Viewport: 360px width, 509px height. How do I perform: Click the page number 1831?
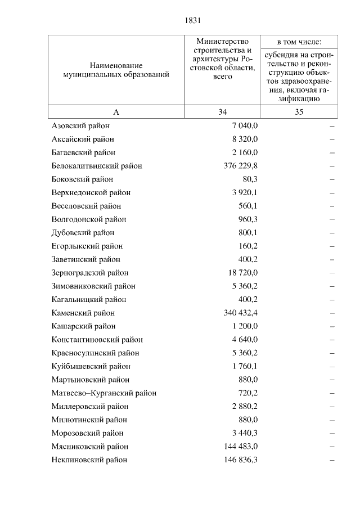[192, 21]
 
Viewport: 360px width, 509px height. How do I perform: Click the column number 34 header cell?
[222, 112]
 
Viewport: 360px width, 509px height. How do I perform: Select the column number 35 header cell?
[299, 112]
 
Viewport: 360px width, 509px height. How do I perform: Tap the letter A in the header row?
[116, 112]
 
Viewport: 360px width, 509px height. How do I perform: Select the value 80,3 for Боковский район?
[248, 179]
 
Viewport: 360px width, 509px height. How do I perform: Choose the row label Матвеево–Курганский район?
[103, 393]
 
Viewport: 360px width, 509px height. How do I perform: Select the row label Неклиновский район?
[89, 460]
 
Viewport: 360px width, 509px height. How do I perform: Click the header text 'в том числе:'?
[299, 42]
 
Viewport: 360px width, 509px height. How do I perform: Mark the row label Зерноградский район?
[90, 273]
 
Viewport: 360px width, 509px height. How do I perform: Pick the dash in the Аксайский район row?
[332, 139]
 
